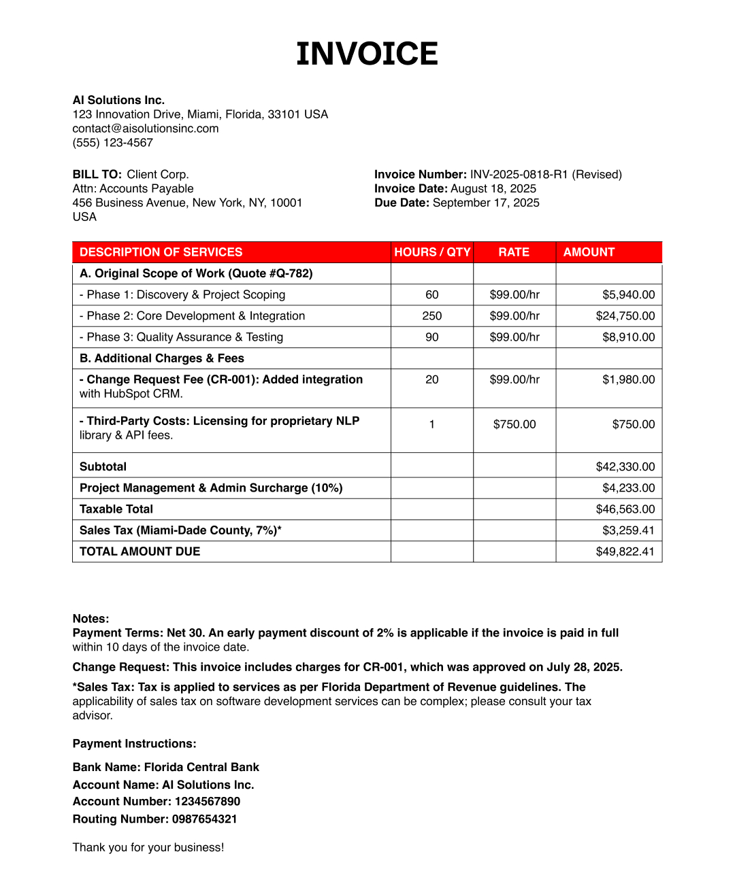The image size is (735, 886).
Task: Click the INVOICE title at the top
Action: click(x=367, y=54)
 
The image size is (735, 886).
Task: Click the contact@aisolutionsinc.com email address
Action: click(x=146, y=129)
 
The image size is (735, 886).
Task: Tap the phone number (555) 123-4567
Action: click(x=113, y=143)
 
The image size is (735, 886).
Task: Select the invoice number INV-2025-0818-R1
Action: click(x=519, y=175)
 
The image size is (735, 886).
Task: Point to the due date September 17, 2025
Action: click(x=486, y=203)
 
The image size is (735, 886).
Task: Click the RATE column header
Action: click(x=514, y=252)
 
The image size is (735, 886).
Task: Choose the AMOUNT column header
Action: click(x=589, y=252)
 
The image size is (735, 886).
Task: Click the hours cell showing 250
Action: click(x=431, y=316)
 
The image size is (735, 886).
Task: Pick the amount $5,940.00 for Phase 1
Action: click(x=628, y=295)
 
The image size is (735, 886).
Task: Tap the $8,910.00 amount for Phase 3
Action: click(x=628, y=337)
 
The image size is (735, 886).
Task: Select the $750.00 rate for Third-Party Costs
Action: click(x=514, y=424)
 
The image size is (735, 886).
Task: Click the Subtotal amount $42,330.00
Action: click(x=625, y=467)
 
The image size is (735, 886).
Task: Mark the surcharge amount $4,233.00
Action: click(x=628, y=488)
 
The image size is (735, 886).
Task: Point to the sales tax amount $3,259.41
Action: click(x=628, y=530)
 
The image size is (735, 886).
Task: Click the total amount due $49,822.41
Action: click(x=625, y=551)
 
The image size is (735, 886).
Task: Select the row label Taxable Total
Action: click(x=116, y=509)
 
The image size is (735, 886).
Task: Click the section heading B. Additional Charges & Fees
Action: click(x=162, y=358)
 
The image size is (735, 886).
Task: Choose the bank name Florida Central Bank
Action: click(x=201, y=768)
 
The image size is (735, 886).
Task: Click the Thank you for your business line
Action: click(x=148, y=847)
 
